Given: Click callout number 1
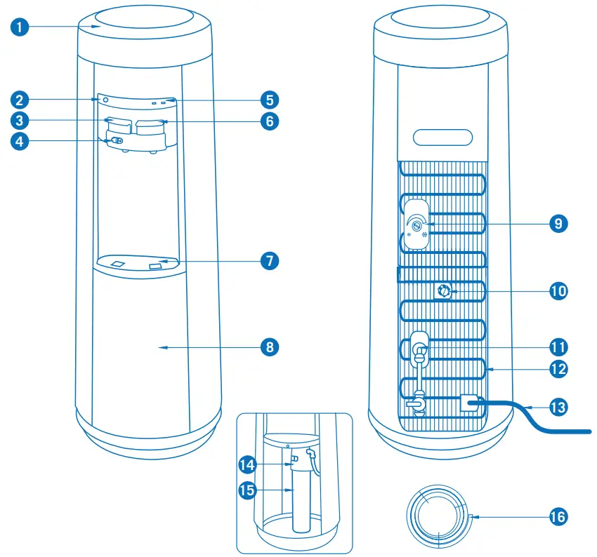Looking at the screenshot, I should [x=20, y=29].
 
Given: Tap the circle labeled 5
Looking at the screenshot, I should [x=268, y=99].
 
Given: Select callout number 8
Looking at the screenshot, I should [x=268, y=347].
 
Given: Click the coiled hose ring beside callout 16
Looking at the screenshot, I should [x=439, y=514].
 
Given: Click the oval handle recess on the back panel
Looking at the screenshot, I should [x=442, y=136].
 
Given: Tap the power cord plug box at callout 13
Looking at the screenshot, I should [x=469, y=403].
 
